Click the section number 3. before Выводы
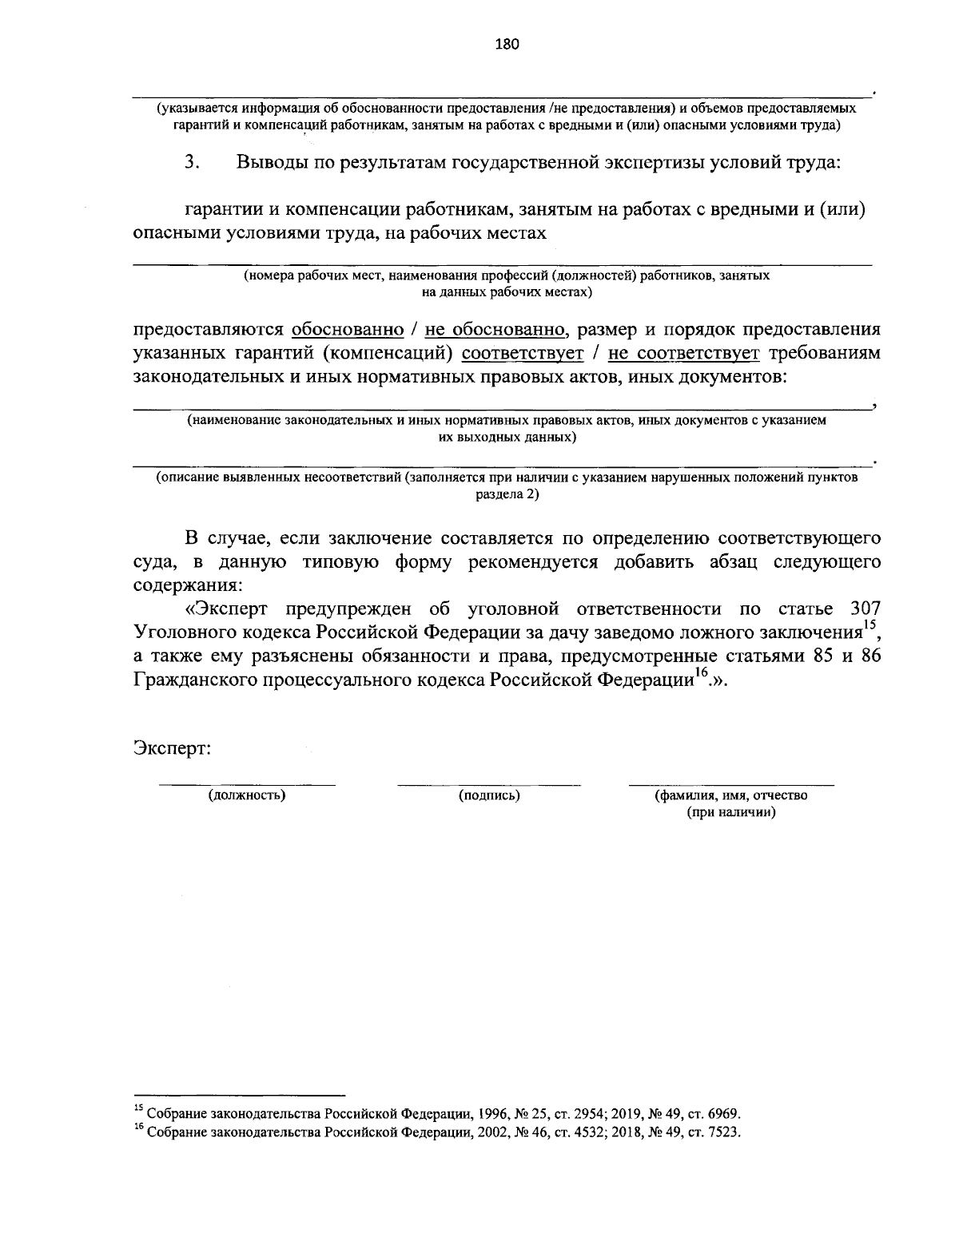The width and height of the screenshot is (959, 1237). tap(191, 163)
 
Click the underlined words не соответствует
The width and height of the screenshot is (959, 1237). tap(683, 353)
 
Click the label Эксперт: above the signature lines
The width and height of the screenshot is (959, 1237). tap(172, 749)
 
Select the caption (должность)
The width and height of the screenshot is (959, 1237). tap(247, 795)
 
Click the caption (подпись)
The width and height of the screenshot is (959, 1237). tap(489, 795)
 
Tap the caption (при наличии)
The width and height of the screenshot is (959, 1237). tap(731, 813)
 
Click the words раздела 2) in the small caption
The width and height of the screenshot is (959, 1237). tap(507, 494)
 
